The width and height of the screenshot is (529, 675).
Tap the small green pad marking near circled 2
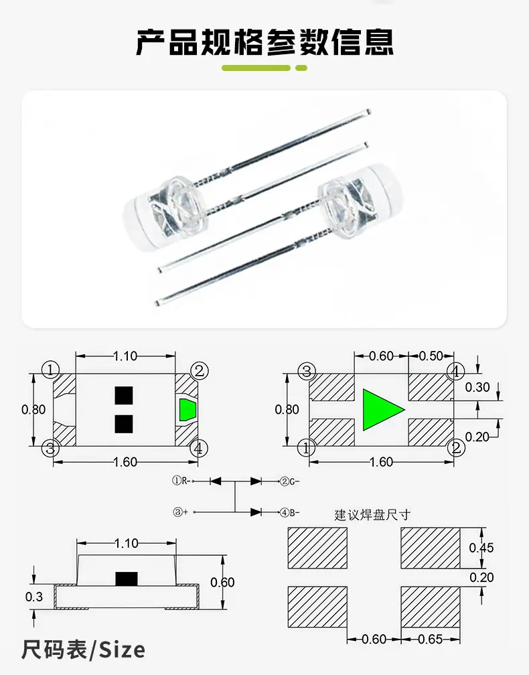pos(187,410)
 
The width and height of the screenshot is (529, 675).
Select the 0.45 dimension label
pos(481,548)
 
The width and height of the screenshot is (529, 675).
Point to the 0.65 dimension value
pos(431,640)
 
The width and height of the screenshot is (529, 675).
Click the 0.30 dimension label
pos(477,388)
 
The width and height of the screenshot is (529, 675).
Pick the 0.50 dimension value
pos(431,356)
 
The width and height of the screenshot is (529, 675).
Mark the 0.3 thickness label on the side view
pos(34,597)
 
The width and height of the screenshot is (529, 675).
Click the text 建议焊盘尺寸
pos(372,515)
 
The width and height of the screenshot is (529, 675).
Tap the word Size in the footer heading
pos(123,650)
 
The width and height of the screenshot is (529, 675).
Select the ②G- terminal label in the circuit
pos(290,481)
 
